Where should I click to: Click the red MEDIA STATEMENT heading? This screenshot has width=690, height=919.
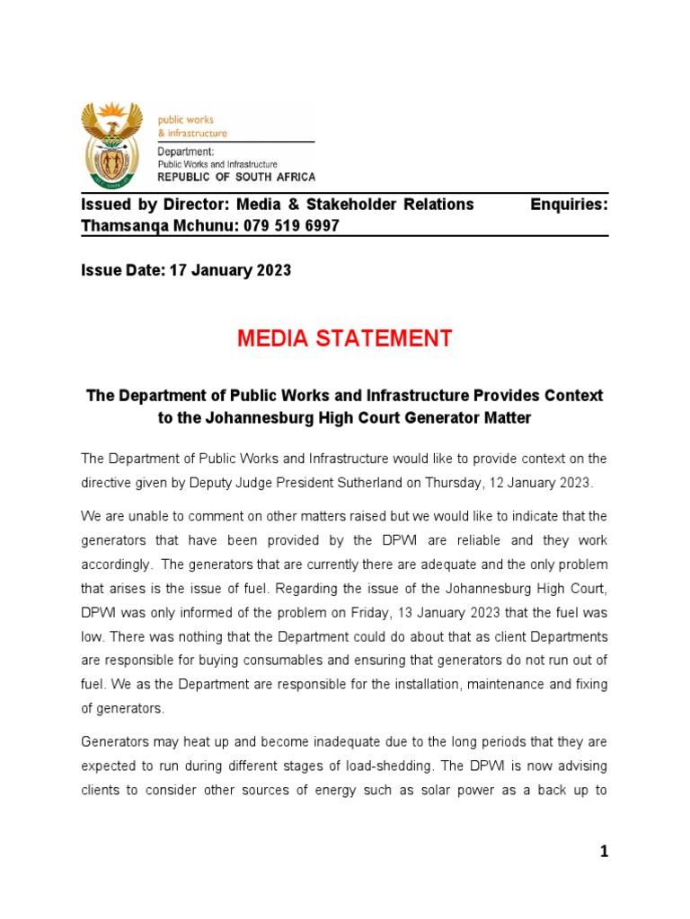(x=345, y=338)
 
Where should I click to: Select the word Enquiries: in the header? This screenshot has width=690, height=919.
(x=569, y=205)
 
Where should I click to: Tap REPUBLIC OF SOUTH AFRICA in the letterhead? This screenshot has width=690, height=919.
(x=237, y=177)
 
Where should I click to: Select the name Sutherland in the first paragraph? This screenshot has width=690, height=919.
(x=369, y=483)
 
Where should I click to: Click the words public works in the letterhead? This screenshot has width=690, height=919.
(x=186, y=119)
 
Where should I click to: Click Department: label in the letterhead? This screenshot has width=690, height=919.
(x=186, y=152)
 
